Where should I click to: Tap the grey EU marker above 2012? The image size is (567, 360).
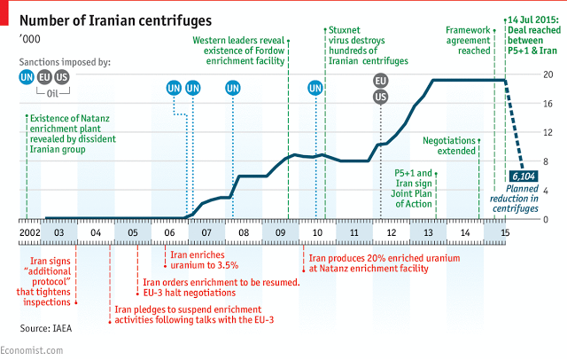click(381, 81)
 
